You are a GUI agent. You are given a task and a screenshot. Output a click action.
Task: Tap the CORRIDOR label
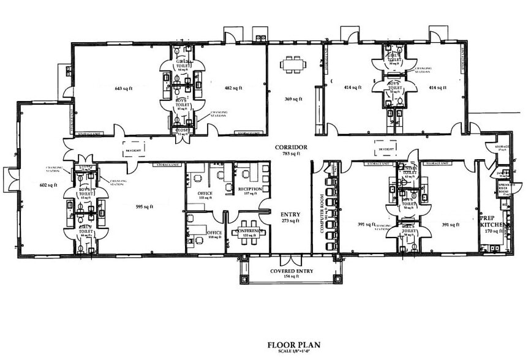[291, 148]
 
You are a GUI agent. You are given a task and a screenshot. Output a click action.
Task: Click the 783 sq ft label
[291, 154]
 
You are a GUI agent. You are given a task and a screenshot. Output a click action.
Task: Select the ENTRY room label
[290, 214]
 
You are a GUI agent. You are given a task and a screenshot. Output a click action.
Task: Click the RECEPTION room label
[250, 189]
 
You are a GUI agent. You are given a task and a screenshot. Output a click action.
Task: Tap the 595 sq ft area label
[144, 207]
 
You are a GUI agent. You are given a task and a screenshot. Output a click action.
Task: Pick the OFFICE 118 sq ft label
[214, 234]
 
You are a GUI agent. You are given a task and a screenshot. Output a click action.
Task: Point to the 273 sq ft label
[290, 220]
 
